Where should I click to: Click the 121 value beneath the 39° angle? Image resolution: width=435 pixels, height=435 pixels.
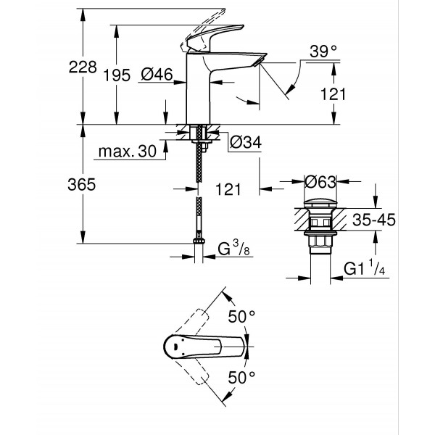332,94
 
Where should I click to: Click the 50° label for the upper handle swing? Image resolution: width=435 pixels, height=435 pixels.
242,316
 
